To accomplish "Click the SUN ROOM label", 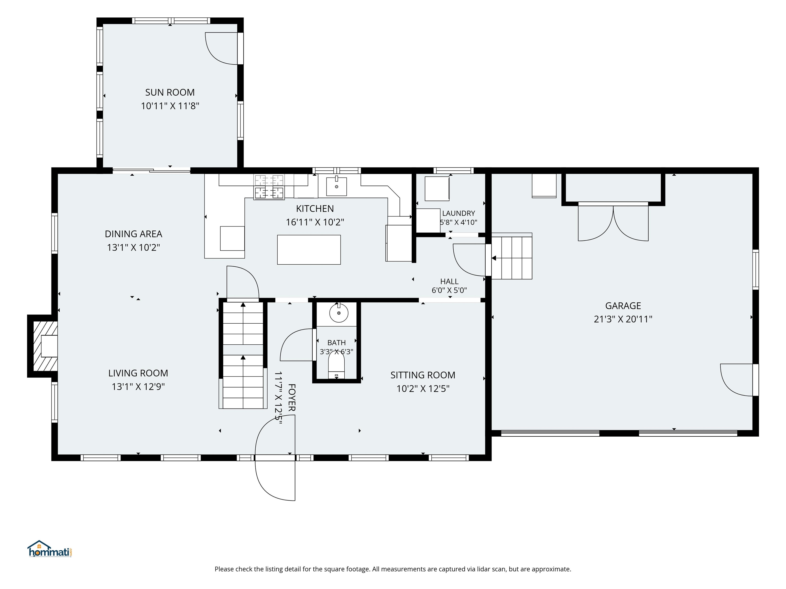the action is click(170, 92).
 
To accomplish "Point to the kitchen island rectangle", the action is click(309, 250).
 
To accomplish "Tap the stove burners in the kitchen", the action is click(269, 187).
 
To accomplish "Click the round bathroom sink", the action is click(339, 313).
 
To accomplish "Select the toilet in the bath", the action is click(336, 365).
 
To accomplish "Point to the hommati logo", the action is click(50, 549).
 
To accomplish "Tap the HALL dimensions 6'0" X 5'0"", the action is click(449, 290).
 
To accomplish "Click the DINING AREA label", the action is click(134, 234).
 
